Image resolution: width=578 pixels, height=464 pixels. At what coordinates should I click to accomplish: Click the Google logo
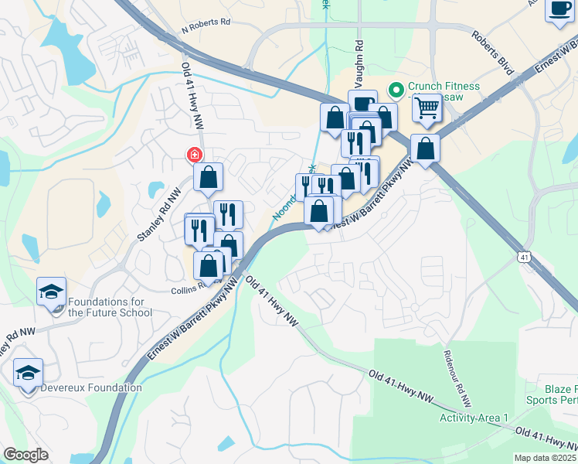[25, 455]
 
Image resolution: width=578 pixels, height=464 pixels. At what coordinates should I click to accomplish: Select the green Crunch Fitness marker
[396, 90]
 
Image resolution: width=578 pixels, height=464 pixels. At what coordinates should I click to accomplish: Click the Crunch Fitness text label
[444, 87]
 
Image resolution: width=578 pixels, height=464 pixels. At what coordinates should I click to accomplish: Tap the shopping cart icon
[427, 111]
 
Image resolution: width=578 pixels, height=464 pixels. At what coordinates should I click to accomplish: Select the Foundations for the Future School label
[110, 307]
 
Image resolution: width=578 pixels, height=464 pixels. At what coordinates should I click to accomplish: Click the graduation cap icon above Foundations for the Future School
[51, 292]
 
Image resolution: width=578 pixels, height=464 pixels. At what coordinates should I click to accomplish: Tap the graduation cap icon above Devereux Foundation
[28, 373]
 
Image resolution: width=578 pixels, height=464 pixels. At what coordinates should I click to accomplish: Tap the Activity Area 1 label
[474, 418]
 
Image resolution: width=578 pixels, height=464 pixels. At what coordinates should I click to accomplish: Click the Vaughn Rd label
[359, 67]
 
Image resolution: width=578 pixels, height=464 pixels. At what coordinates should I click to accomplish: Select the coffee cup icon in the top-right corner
[559, 9]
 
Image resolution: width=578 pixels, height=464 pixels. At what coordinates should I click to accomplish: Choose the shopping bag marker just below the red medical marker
[209, 177]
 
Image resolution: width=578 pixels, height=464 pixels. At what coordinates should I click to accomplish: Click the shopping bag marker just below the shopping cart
[425, 148]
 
